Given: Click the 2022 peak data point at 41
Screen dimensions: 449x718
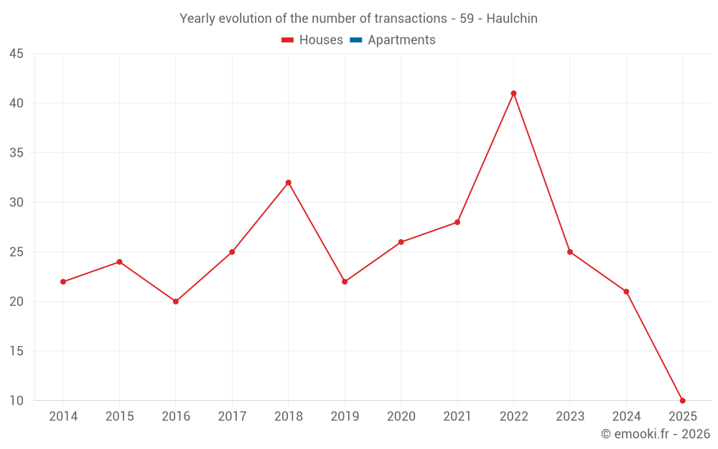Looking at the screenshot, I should (513, 93).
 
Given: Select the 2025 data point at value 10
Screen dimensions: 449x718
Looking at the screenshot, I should (682, 401).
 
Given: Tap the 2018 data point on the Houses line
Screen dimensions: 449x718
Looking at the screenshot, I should (288, 182).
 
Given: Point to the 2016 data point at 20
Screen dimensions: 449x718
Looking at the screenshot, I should (175, 302).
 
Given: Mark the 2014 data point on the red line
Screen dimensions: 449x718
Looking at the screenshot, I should (63, 282).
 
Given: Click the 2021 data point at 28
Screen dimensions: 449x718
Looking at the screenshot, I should (457, 222).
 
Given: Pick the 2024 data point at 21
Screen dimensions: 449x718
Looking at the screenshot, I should (626, 292).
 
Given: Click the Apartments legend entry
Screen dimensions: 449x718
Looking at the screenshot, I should (401, 40).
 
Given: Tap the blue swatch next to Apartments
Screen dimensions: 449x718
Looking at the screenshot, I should (355, 40).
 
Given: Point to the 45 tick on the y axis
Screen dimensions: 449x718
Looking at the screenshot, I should (17, 54).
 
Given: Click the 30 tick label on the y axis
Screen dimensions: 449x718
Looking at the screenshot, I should (17, 203).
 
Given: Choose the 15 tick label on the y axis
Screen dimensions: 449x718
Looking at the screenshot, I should (17, 351).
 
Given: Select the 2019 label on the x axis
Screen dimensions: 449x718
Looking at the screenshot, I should (345, 417).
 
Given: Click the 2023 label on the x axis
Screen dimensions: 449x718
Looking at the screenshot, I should (569, 417).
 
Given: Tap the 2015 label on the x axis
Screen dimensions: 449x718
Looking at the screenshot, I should (119, 417).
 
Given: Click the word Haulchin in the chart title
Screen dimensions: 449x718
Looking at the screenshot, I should (512, 19).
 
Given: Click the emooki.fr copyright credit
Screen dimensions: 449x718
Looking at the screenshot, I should (656, 434).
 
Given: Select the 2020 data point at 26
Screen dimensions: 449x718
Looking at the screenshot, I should (401, 242).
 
